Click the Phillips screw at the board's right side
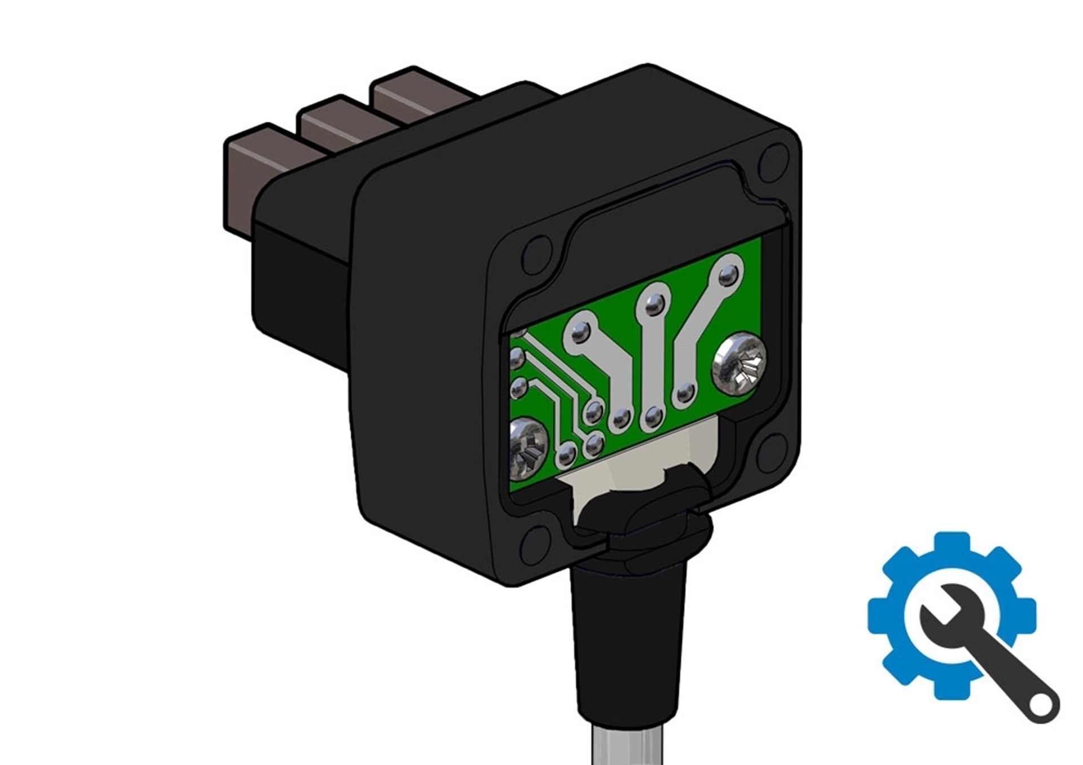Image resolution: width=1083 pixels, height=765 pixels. pyautogui.click(x=739, y=364)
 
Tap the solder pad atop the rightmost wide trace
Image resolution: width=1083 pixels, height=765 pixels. pyautogui.click(x=728, y=275)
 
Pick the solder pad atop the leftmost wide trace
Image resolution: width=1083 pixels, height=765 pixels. pyautogui.click(x=580, y=335)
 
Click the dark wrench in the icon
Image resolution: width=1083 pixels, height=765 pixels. pyautogui.click(x=993, y=660)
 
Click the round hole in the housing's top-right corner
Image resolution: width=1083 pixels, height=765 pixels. pyautogui.click(x=774, y=160)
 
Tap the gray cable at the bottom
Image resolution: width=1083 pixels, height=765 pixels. pyautogui.click(x=626, y=744)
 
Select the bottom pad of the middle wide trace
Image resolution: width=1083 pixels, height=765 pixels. pyautogui.click(x=653, y=417)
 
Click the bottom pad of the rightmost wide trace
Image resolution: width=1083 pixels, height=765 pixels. pyautogui.click(x=684, y=393)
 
